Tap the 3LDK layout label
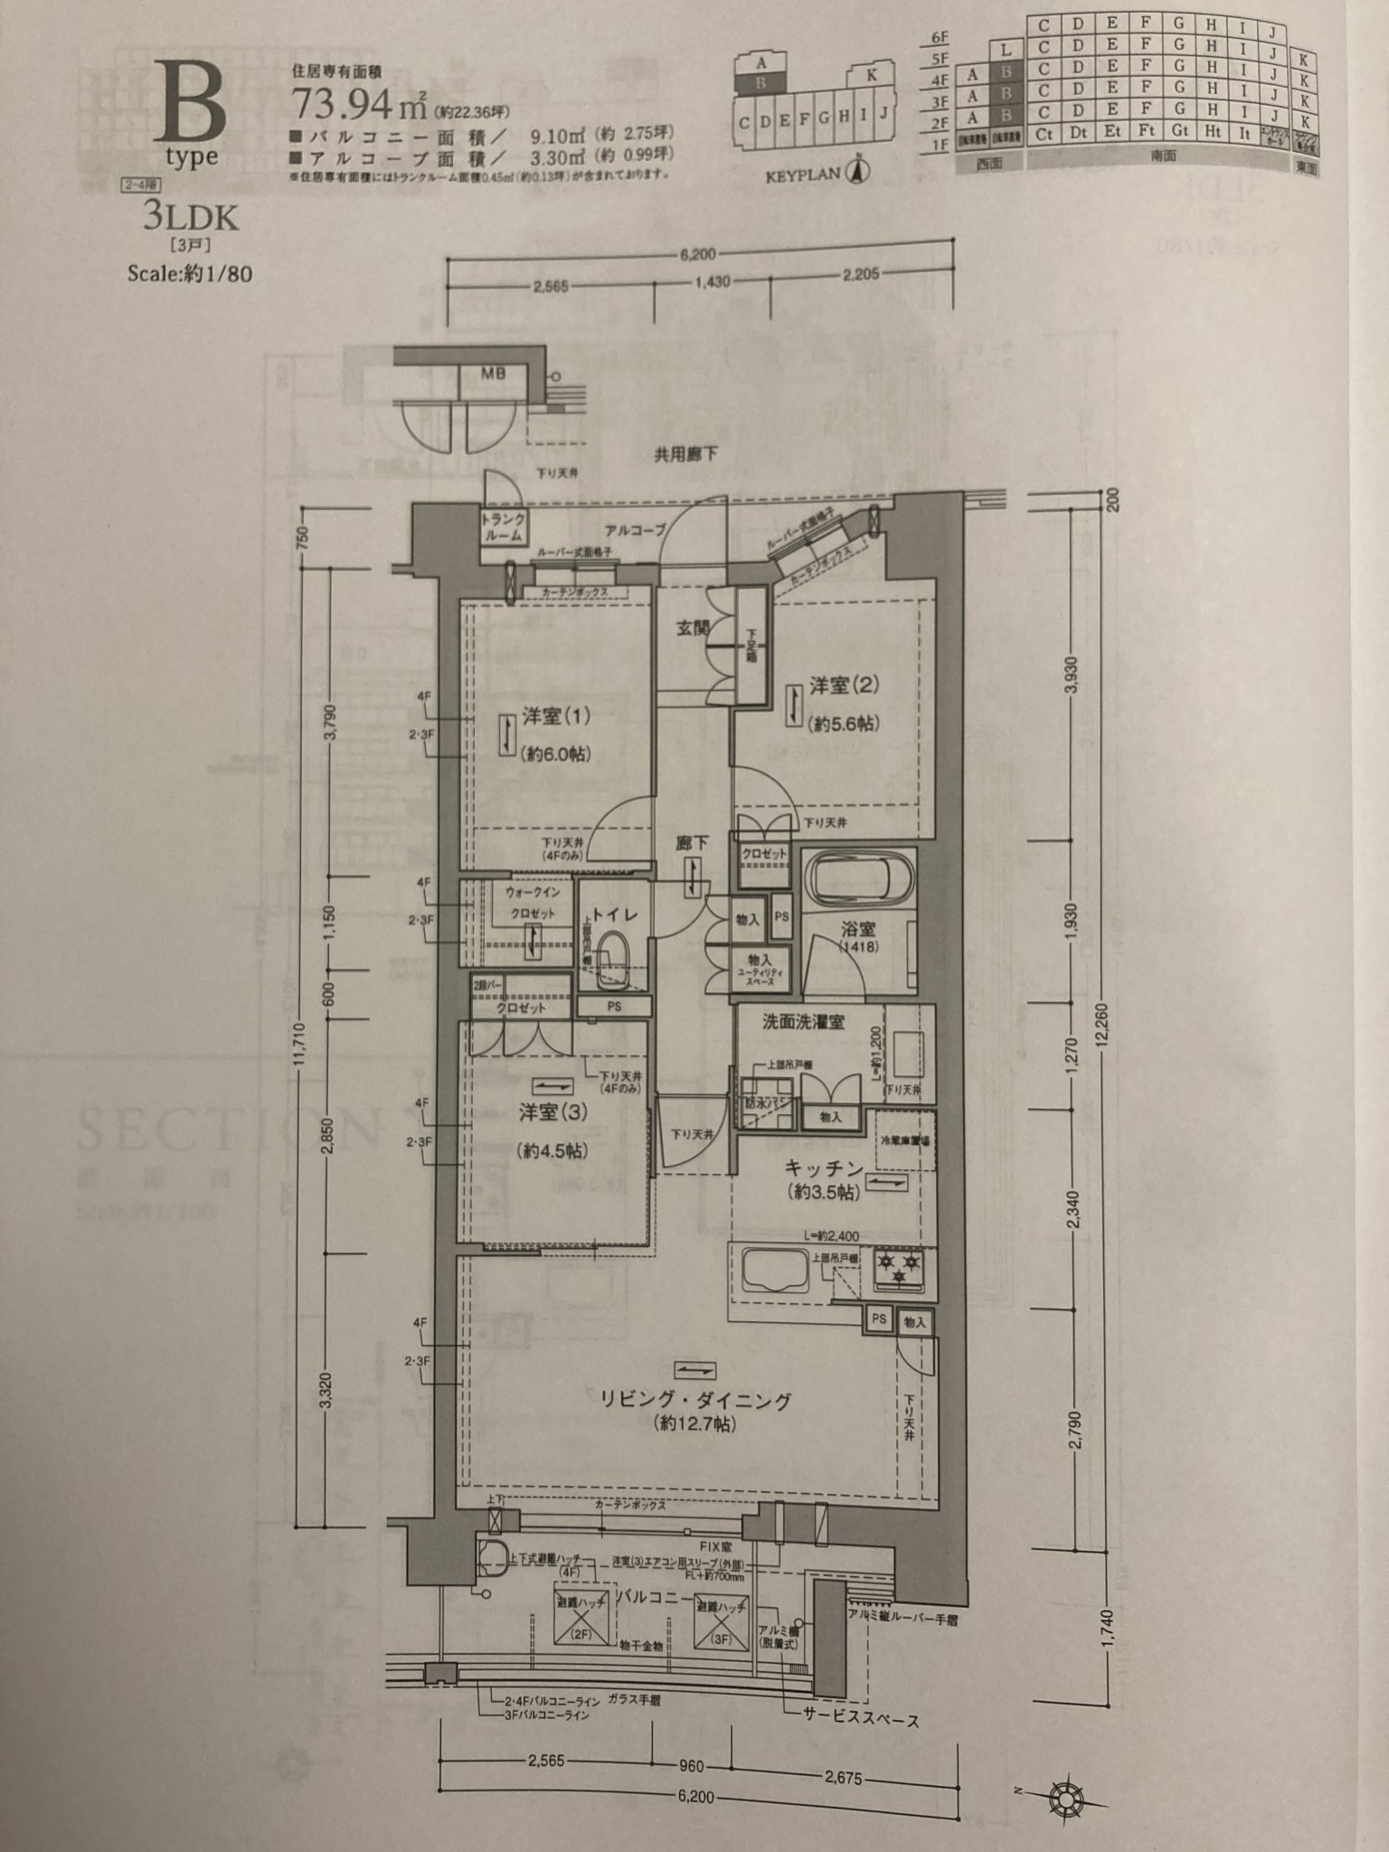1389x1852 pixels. (x=190, y=218)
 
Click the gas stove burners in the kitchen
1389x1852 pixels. (x=899, y=1266)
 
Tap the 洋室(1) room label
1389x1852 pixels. (x=555, y=716)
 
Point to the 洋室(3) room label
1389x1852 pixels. (x=553, y=1112)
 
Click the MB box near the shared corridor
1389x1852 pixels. (x=493, y=373)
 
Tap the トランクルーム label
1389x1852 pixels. (x=503, y=526)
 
